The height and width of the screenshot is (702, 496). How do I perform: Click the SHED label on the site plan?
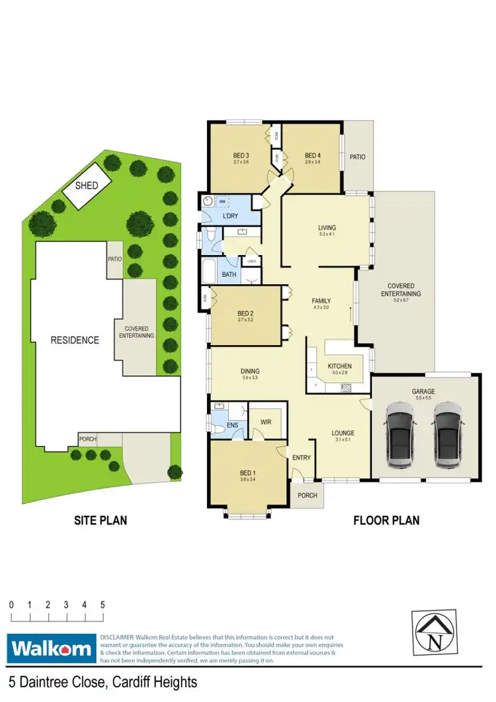click(87, 186)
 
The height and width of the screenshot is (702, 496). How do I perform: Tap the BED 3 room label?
click(241, 156)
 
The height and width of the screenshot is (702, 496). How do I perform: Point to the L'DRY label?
click(231, 216)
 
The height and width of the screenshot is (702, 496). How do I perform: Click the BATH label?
click(229, 274)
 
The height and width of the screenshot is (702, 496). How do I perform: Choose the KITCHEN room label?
click(340, 366)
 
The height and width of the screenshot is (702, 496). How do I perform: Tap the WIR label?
click(266, 421)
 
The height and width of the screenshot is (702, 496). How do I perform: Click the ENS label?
click(232, 426)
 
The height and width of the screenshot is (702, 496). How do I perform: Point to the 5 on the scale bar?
click(103, 605)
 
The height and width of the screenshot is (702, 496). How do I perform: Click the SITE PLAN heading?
click(100, 521)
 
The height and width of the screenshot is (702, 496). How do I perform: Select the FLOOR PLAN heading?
click(386, 521)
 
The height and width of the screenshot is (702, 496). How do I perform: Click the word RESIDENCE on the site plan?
click(75, 340)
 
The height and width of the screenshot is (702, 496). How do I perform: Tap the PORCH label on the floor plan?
click(308, 495)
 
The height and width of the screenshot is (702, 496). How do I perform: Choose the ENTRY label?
click(302, 458)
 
